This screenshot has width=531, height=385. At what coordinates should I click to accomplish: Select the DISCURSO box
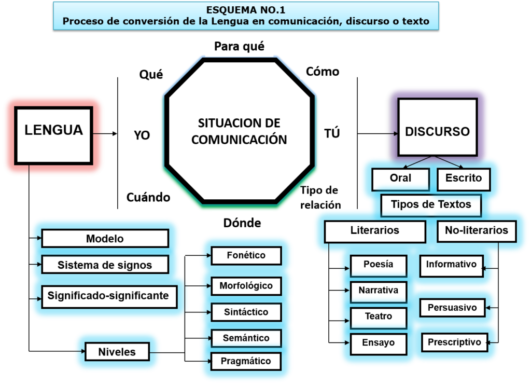click(437, 131)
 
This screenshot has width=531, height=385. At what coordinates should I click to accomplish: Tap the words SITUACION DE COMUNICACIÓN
click(239, 131)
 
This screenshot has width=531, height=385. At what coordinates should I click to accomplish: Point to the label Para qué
click(239, 47)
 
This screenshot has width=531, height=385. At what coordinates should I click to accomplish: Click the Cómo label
click(323, 72)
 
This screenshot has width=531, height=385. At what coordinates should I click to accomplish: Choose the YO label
click(142, 135)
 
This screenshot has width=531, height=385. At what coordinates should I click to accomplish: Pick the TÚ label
click(332, 133)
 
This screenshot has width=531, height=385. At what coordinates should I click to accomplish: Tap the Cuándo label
click(148, 198)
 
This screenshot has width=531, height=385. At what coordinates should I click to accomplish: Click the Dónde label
click(242, 223)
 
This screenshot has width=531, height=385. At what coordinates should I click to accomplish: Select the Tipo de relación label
click(320, 197)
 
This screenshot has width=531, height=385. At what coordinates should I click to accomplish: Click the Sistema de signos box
click(105, 265)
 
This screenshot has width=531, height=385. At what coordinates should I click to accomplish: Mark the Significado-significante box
click(108, 296)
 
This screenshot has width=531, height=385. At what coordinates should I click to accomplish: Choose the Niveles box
click(117, 352)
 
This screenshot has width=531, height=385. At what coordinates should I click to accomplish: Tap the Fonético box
click(246, 255)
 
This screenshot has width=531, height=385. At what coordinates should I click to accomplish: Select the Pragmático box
click(246, 361)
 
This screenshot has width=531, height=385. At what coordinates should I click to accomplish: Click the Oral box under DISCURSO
click(400, 178)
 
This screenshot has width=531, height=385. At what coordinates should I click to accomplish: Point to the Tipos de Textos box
click(431, 204)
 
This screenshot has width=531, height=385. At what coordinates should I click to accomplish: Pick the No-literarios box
click(477, 230)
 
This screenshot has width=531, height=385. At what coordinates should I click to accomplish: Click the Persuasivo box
click(452, 308)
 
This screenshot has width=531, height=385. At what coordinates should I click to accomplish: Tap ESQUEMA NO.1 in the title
click(246, 9)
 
